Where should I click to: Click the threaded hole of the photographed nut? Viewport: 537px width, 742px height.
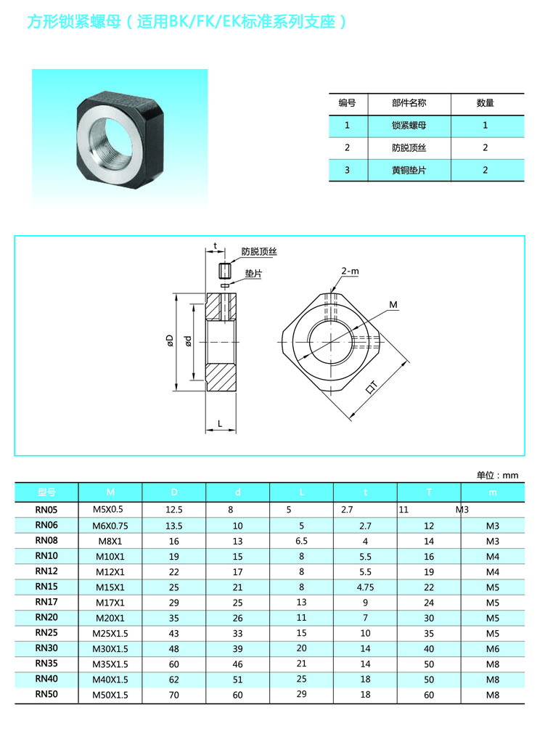point(110,141)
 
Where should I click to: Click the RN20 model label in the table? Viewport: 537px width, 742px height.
point(46,618)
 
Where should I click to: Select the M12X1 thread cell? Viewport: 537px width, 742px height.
point(110,572)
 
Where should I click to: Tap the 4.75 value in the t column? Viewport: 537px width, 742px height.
point(365,587)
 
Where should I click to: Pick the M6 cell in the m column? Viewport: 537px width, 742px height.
point(493,649)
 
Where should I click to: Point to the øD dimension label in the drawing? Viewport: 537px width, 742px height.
point(170,341)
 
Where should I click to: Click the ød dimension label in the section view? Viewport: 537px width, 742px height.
point(188,341)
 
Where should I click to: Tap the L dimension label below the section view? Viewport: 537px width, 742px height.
point(220,423)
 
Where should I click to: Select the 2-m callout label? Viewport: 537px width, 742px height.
point(350,271)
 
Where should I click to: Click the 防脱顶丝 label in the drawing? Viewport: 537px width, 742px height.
point(259,251)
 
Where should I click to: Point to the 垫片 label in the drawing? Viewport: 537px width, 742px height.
point(253,274)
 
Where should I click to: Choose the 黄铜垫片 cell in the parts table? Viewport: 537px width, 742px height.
point(409,170)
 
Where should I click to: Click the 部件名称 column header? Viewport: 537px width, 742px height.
point(409,102)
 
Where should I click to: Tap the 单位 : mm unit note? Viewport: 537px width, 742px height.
point(497,475)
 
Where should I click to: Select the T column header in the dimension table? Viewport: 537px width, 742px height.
point(429,492)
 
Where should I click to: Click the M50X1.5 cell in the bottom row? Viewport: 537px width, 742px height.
point(110,695)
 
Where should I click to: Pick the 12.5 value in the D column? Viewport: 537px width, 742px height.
point(174,510)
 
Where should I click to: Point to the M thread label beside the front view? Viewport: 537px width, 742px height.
point(393,305)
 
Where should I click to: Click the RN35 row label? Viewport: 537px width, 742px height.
point(46,664)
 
